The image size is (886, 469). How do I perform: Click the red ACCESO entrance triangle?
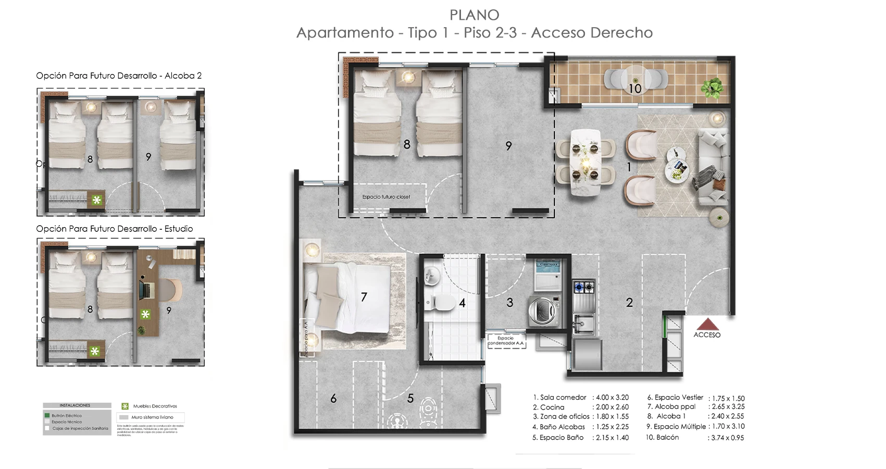707,325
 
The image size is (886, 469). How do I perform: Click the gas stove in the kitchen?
584,287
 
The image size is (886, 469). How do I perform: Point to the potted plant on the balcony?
712,87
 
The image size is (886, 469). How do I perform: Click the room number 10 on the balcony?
634,89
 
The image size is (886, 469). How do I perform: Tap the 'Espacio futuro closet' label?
386,197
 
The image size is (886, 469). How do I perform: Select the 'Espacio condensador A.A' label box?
506,341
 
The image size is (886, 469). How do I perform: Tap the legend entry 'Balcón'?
667,437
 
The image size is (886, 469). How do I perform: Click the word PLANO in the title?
474,15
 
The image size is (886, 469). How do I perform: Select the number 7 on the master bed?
364,297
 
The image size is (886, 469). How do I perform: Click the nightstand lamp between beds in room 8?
408,78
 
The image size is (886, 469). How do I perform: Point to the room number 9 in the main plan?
508,146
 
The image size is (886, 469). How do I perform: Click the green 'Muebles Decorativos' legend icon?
125,406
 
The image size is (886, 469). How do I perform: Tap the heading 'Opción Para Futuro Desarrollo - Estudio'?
115,229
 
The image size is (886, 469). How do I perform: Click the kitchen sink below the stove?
583,323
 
